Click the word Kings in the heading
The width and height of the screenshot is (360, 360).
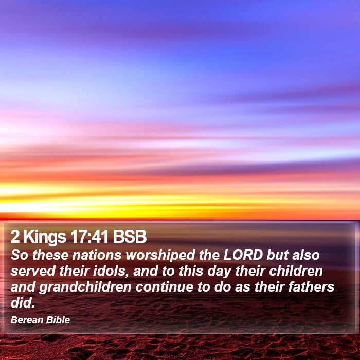tap(45, 238)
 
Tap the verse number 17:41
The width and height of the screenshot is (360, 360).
tap(89, 237)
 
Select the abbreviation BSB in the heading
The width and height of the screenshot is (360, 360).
tap(130, 237)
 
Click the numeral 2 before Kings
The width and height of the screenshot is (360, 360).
tap(15, 237)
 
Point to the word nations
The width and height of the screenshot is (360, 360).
tap(97, 255)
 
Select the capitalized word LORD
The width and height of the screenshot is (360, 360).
tap(243, 255)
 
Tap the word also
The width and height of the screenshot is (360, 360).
tap(306, 255)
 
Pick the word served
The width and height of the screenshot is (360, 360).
tap(32, 271)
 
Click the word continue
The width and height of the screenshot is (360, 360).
tap(165, 287)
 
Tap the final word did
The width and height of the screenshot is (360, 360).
tap(23, 303)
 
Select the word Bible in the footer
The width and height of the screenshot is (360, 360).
tap(58, 320)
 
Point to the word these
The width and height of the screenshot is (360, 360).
tap(50, 255)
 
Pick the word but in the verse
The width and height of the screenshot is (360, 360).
tap(278, 255)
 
